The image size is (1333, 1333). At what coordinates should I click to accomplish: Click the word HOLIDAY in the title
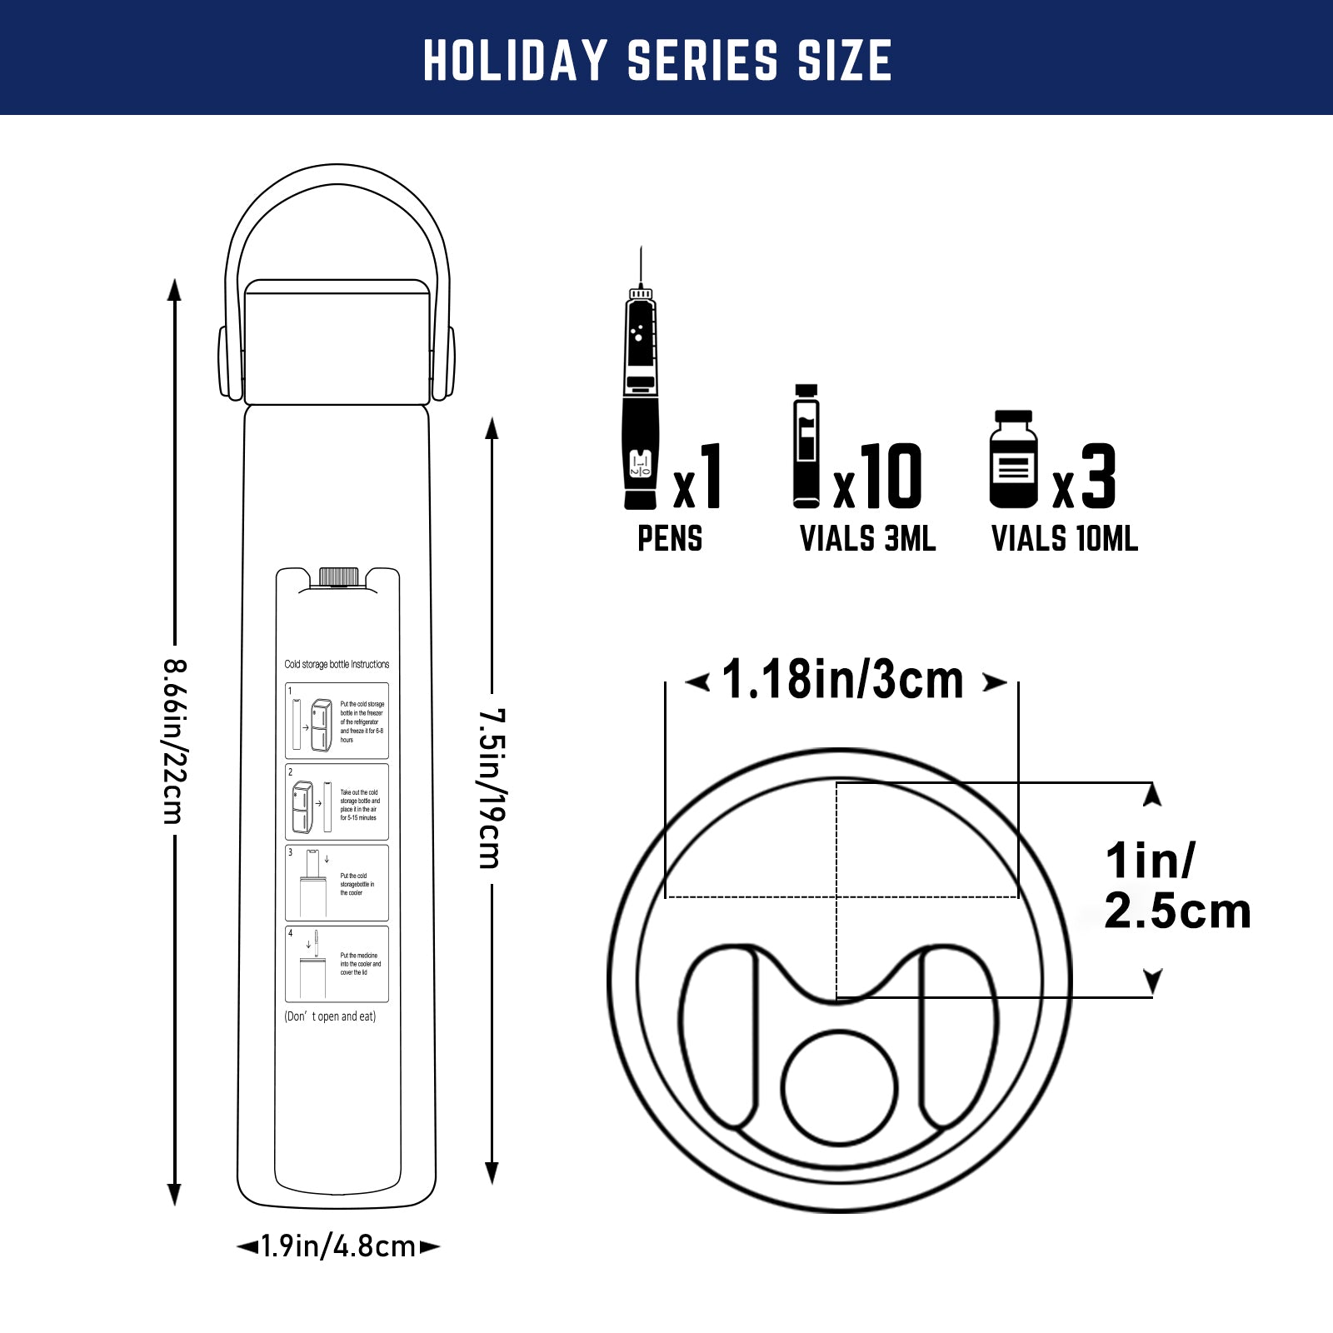[515, 60]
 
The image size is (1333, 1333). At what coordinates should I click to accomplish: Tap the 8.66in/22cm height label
[174, 741]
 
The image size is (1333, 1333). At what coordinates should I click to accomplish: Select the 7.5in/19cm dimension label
[492, 788]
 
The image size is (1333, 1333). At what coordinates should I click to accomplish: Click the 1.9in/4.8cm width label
[337, 1246]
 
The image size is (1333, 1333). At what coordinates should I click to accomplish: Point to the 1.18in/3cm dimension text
[843, 680]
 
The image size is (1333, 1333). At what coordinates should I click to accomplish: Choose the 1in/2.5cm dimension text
[1176, 886]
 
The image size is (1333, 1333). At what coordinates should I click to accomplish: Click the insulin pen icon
[641, 400]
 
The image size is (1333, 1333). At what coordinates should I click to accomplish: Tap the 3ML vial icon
[806, 447]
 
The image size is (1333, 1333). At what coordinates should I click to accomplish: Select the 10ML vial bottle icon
[1013, 460]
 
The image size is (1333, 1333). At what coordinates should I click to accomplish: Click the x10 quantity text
[879, 477]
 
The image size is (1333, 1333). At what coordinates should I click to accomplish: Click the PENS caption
[670, 539]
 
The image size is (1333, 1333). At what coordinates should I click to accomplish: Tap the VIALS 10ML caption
[1064, 539]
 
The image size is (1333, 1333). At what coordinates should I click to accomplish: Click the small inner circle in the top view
[839, 1087]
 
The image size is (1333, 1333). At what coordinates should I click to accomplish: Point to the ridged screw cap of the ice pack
[338, 577]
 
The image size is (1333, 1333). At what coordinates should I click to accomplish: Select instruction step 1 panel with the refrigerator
[337, 721]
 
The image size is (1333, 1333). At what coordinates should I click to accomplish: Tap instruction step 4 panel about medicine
[337, 964]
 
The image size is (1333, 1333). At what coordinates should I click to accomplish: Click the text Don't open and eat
[330, 1016]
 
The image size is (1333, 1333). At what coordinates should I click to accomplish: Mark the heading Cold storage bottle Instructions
[337, 664]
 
